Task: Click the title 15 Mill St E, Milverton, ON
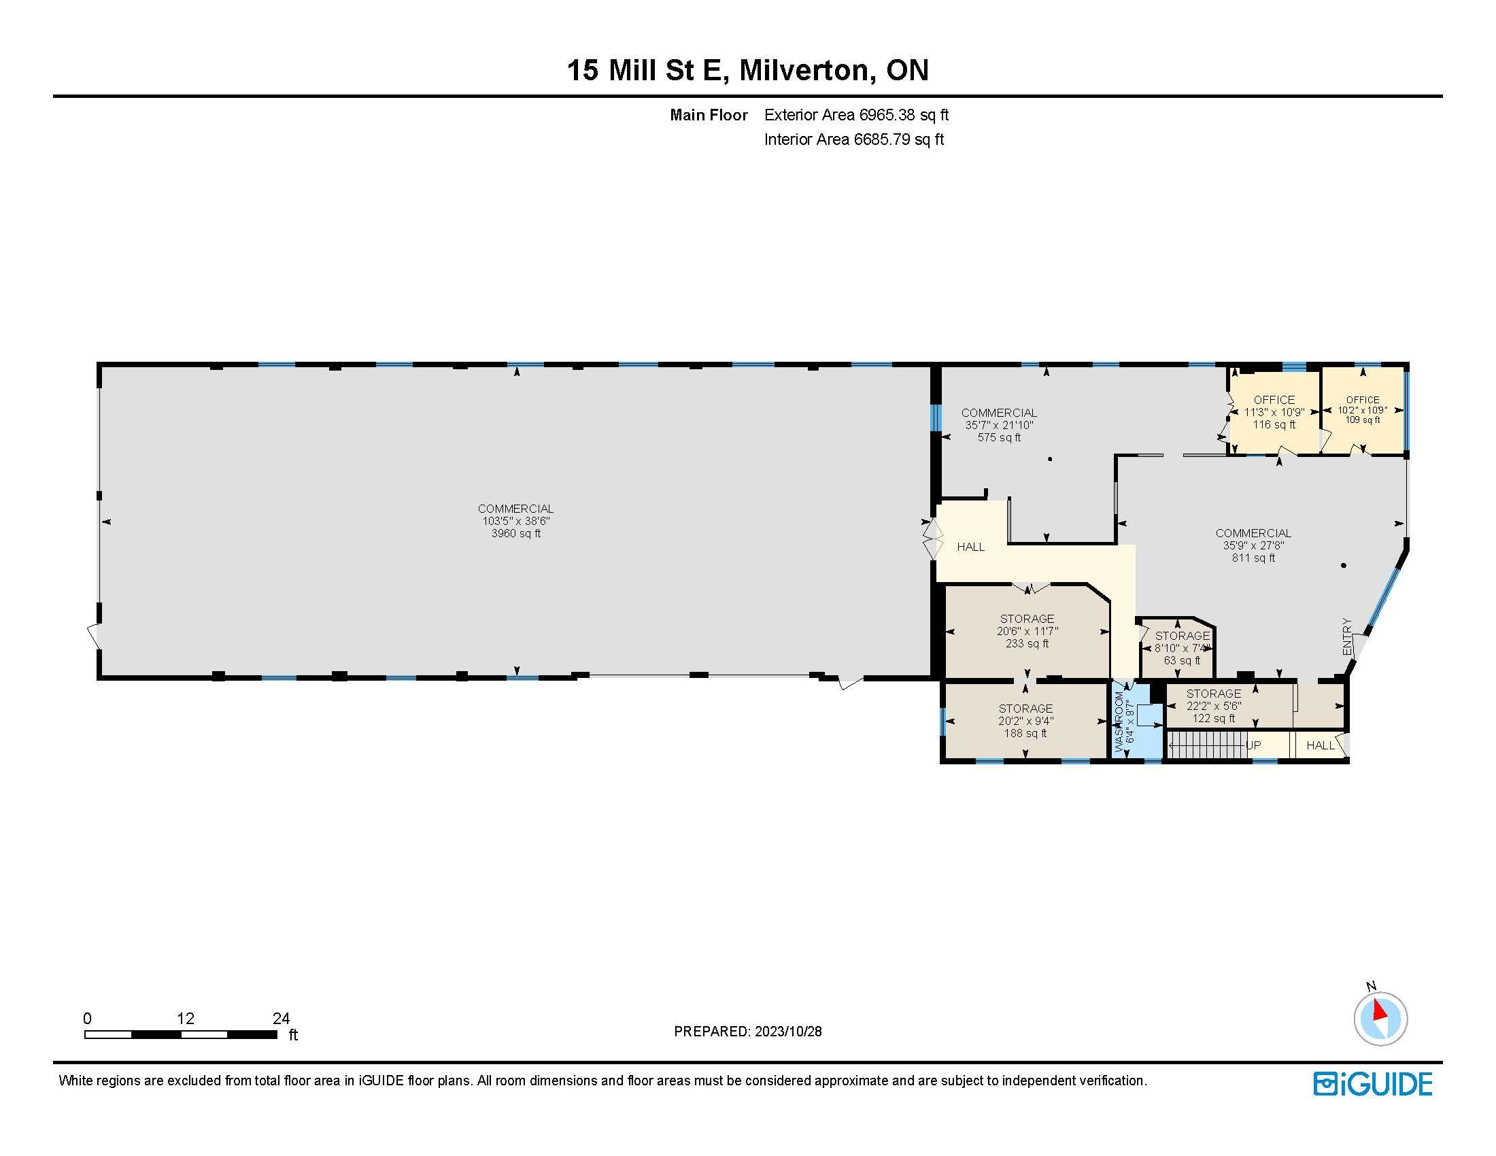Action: coord(747,71)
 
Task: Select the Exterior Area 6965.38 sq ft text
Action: coord(856,115)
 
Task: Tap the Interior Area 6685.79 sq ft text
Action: coord(854,139)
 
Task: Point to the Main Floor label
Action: coord(709,115)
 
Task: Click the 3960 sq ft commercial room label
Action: coord(516,521)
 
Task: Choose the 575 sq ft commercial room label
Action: coord(999,425)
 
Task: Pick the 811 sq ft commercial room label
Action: coord(1253,546)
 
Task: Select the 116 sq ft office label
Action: coord(1274,412)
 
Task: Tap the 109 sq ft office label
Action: coord(1363,409)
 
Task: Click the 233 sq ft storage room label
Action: coord(1027,631)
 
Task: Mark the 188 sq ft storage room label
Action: coord(1025,720)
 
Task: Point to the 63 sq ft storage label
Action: coord(1183,648)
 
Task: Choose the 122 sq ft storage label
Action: coord(1214,706)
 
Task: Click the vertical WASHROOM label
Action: coord(1119,721)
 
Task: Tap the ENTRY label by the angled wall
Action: coord(1346,636)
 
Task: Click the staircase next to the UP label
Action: coord(1206,745)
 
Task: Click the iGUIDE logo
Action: coord(1373,1084)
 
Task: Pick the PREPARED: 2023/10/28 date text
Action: coord(747,1032)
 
